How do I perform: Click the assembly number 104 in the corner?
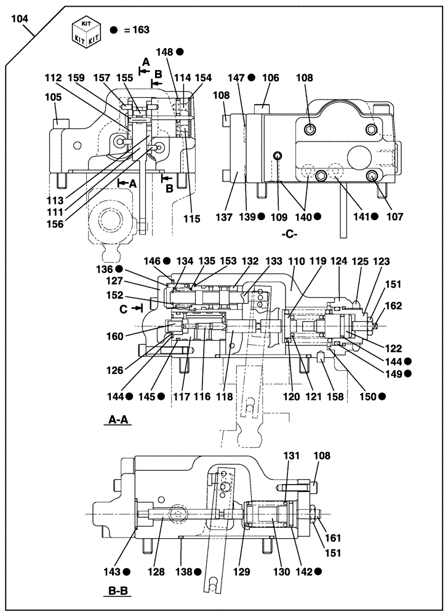click(20, 18)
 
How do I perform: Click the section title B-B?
click(116, 592)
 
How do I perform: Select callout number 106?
click(270, 78)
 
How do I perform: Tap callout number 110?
click(298, 261)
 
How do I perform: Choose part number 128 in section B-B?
click(156, 572)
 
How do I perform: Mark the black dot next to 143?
click(127, 571)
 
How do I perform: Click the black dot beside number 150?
click(382, 397)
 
